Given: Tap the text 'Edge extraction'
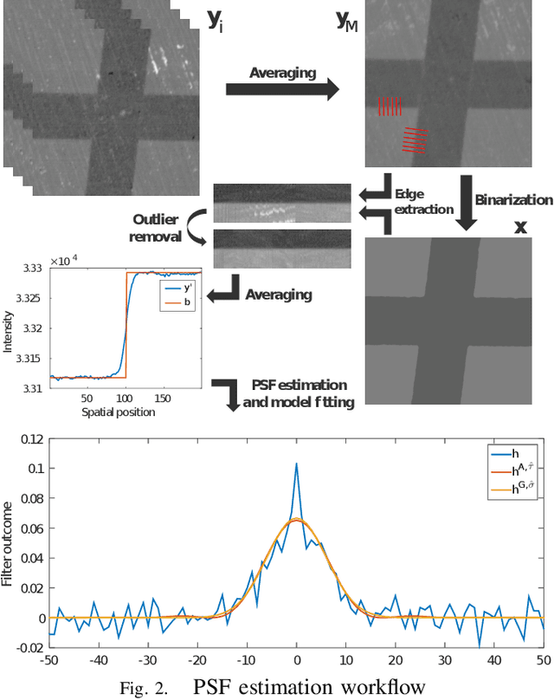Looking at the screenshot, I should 423,201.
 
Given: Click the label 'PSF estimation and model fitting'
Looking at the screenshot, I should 299,392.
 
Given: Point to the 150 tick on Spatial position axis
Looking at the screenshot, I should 163,399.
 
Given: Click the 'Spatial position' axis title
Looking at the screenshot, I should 119,412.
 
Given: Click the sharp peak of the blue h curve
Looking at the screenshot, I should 296,463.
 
